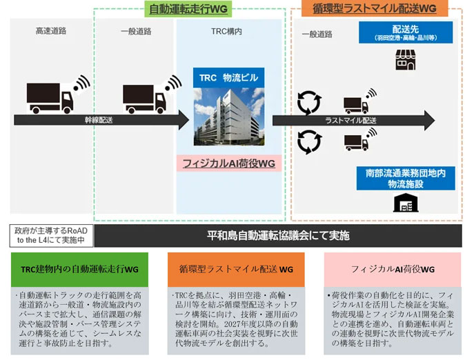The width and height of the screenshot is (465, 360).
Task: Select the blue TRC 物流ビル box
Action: pyautogui.click(x=228, y=78)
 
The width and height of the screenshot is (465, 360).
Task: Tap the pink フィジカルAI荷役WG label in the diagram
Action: pyautogui.click(x=228, y=163)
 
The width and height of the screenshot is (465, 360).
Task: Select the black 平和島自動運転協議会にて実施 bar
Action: pyautogui.click(x=278, y=236)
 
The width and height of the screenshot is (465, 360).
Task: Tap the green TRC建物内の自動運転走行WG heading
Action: pyautogui.click(x=79, y=269)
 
